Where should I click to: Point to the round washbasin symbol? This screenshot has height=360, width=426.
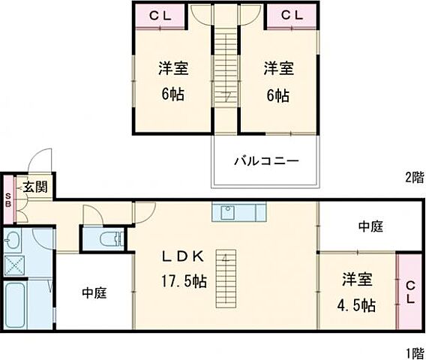point(13,241)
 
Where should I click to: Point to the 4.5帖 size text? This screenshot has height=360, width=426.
point(357,305)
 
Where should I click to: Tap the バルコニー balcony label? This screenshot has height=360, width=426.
point(266,160)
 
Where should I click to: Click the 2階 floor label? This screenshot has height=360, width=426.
point(414,178)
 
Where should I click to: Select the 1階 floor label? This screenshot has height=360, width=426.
point(414,352)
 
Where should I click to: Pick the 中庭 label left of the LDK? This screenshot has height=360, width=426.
point(94,293)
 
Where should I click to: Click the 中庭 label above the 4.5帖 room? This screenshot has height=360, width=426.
point(370,226)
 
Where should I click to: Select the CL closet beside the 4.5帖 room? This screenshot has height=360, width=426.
point(409,292)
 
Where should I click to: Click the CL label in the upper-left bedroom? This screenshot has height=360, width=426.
point(160,15)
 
